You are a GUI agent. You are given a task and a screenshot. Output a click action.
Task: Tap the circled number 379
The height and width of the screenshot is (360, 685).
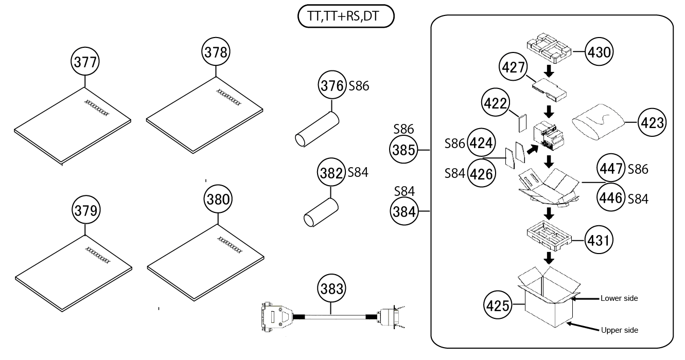click(85, 210)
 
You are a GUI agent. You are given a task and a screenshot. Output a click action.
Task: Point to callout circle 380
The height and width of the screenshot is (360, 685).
click(218, 199)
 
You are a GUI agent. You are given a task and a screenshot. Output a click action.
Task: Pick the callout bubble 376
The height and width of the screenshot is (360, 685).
click(331, 86)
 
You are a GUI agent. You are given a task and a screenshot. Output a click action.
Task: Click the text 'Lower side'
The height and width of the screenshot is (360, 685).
click(619, 298)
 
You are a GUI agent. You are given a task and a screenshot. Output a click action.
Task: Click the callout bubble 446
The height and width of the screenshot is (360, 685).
click(611, 197)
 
